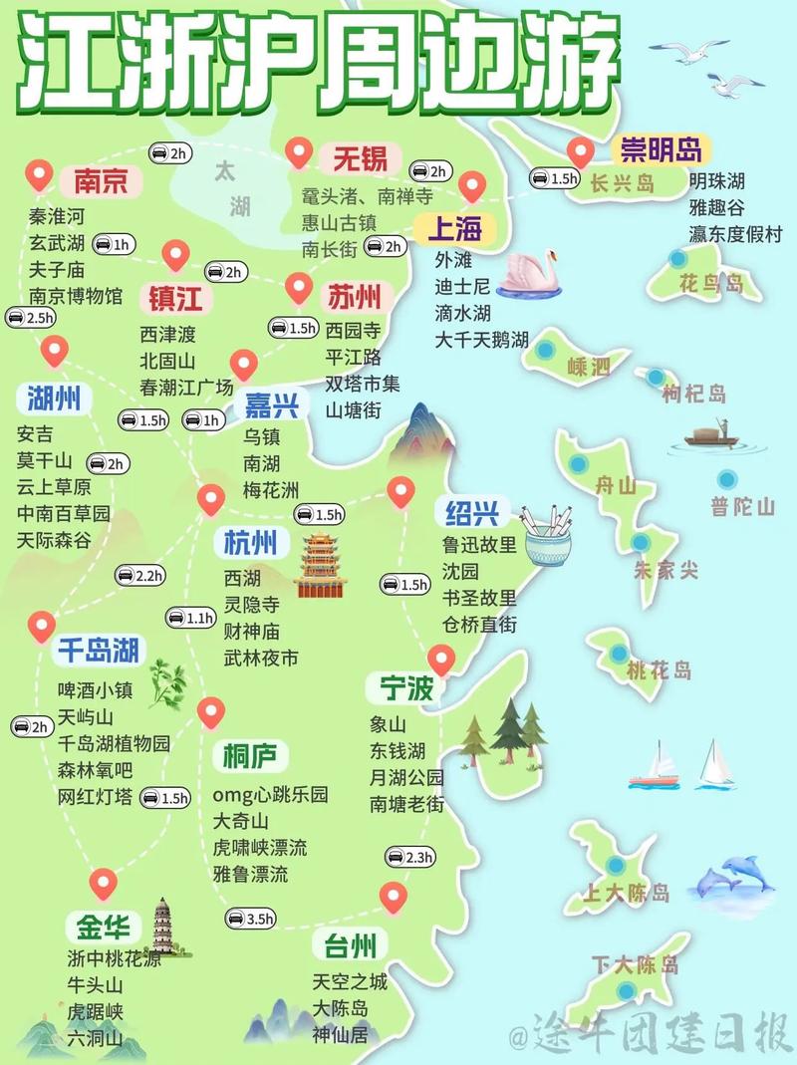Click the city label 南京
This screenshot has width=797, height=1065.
coord(101,181)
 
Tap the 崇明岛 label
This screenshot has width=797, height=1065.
coord(661,149)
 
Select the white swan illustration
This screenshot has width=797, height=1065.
coord(528,272)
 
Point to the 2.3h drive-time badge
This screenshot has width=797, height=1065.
coord(409,857)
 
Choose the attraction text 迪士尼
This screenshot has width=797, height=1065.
coord(462,286)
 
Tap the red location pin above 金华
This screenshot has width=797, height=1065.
coord(103,882)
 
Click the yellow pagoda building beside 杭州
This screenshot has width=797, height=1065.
coord(319,565)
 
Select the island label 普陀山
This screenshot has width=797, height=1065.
coord(742,506)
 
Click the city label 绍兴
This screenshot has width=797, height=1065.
coord(472,513)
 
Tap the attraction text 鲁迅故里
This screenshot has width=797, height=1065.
coord(480,545)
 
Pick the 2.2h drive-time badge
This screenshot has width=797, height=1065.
coord(139,575)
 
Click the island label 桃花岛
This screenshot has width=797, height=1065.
coord(659,670)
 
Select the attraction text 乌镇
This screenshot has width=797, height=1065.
coord(262,436)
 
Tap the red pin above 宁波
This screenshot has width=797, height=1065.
coord(439,658)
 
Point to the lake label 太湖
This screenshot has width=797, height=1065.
coord(234,188)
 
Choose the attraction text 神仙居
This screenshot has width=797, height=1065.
coord(340,1035)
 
